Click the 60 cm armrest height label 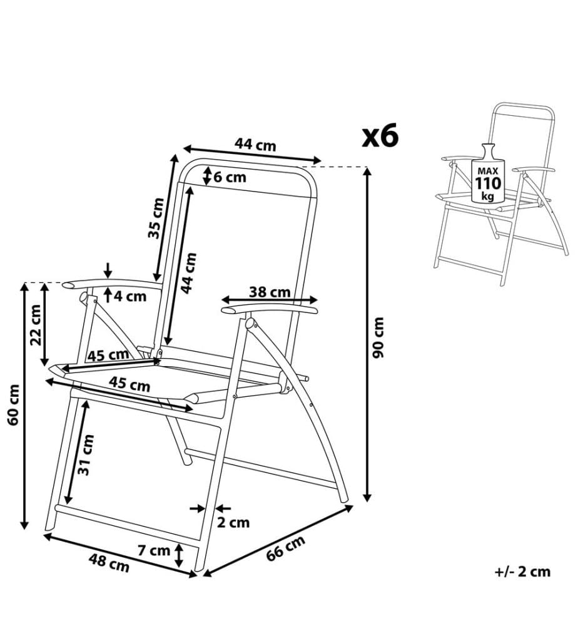pyautogui.click(x=13, y=404)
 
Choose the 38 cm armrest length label pyautogui.click(x=270, y=292)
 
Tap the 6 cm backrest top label pyautogui.click(x=230, y=177)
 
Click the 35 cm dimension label pyautogui.click(x=156, y=218)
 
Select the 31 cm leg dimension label pyautogui.click(x=86, y=454)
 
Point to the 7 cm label pyautogui.click(x=154, y=550)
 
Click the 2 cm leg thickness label pyautogui.click(x=233, y=522)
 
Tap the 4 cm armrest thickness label pyautogui.click(x=130, y=296)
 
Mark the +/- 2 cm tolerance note pyautogui.click(x=522, y=572)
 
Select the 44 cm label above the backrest pyautogui.click(x=255, y=144)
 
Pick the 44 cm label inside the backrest pyautogui.click(x=189, y=273)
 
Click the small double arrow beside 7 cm pyautogui.click(x=179, y=555)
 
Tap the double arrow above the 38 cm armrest pyautogui.click(x=270, y=300)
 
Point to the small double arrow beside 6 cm pyautogui.click(x=207, y=176)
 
